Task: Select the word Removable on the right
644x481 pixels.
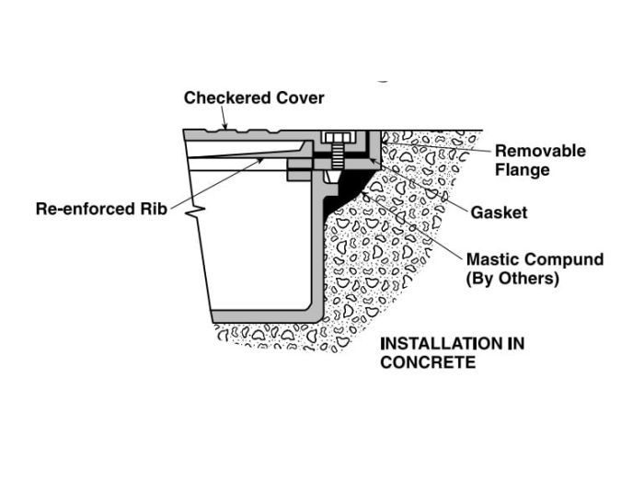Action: (x=540, y=151)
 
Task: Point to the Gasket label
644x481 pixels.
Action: (x=499, y=212)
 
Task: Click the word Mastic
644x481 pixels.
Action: (x=495, y=259)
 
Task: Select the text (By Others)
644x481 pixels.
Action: (x=512, y=279)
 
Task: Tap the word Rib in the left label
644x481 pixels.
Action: (x=153, y=209)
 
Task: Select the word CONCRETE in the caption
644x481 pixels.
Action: (x=428, y=362)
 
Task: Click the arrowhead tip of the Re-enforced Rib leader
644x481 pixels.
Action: (x=266, y=158)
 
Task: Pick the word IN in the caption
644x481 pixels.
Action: (x=515, y=344)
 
